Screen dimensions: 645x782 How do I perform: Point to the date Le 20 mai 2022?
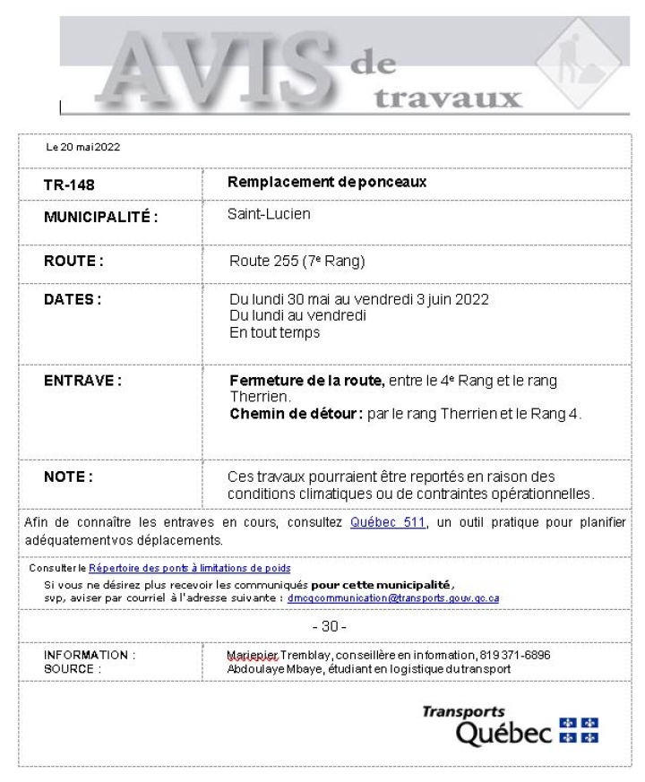tap(83, 147)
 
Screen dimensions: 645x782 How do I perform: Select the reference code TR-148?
tap(70, 185)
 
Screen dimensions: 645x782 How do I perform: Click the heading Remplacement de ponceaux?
tap(327, 182)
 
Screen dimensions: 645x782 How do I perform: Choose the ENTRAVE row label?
tap(82, 380)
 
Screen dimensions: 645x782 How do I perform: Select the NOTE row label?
tap(68, 476)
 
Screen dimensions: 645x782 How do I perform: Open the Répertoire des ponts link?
tap(189, 568)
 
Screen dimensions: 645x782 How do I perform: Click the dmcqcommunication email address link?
tap(393, 597)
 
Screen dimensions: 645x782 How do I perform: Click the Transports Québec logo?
tap(510, 725)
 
